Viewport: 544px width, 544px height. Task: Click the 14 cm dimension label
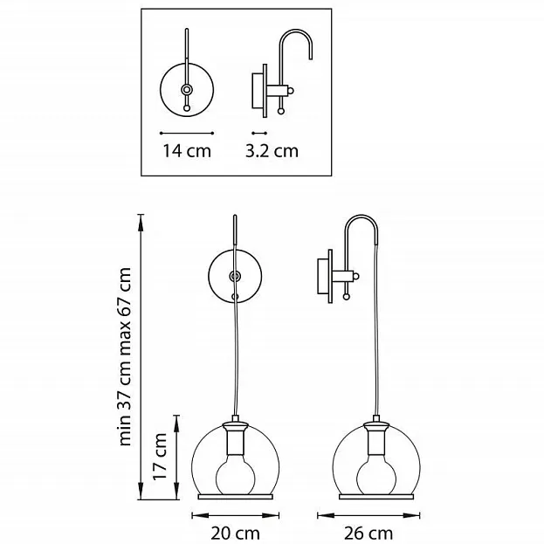[187, 151]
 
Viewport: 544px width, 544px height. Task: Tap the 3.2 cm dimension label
[272, 151]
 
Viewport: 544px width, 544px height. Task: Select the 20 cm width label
[235, 533]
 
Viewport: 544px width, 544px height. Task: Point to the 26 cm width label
[368, 533]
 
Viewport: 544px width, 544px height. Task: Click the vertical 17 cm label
[160, 456]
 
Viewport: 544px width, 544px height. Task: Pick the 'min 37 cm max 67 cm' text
[124, 356]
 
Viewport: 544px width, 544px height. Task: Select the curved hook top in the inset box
[296, 44]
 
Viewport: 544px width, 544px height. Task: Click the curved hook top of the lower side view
[362, 228]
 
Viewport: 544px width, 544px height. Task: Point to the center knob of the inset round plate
[187, 90]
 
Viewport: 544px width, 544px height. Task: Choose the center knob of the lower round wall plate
[235, 276]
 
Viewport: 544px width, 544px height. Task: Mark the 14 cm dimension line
[187, 133]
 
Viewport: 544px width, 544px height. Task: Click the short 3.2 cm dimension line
[259, 133]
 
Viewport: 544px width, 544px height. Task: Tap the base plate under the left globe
[235, 497]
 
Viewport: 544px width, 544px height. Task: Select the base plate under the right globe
[376, 497]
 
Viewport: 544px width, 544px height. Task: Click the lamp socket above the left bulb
[235, 438]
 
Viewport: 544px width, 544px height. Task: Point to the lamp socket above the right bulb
[376, 438]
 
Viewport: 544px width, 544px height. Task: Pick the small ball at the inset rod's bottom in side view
[280, 111]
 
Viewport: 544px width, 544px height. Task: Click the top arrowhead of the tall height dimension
[141, 223]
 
